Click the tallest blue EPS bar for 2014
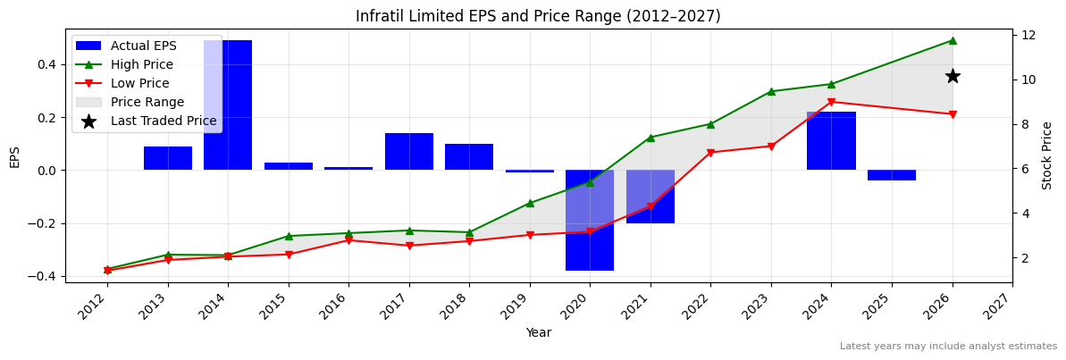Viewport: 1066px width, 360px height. point(228,105)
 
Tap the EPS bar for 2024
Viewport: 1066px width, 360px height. point(831,140)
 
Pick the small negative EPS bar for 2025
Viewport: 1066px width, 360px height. point(891,175)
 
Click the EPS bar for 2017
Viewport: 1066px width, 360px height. point(409,151)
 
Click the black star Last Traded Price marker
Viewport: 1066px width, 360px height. point(953,77)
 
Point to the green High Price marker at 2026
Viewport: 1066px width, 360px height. point(953,40)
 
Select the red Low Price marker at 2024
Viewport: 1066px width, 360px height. point(831,102)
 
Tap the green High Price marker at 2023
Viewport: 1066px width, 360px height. point(771,91)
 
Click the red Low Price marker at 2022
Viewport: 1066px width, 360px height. point(710,153)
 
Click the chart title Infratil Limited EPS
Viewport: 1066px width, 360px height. point(538,16)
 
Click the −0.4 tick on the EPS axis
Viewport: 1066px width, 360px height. point(44,276)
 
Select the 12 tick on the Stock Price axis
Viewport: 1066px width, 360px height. point(1028,35)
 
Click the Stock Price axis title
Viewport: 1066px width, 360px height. point(1047,155)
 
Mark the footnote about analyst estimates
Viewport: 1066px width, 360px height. point(948,347)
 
